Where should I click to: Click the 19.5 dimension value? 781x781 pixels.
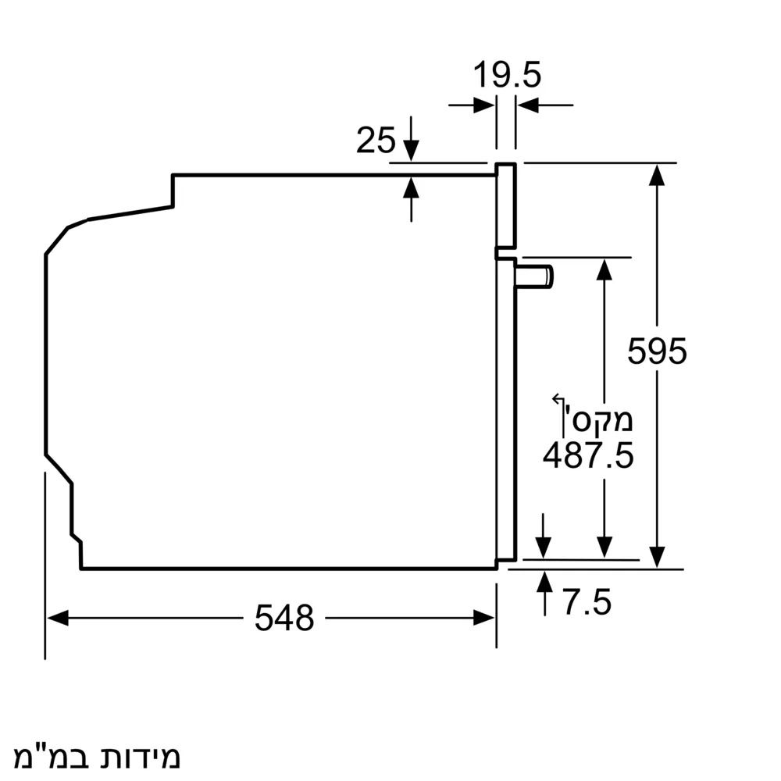[x=507, y=76]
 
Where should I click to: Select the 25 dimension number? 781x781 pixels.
[x=376, y=141]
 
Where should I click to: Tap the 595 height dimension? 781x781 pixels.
[x=657, y=351]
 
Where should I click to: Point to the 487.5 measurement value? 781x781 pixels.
[x=588, y=455]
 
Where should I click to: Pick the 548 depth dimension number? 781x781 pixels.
[x=284, y=619]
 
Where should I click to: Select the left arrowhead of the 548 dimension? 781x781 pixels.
[x=55, y=619]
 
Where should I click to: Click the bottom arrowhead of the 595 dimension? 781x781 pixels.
[x=658, y=558]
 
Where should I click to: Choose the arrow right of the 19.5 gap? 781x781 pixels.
[x=526, y=104]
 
